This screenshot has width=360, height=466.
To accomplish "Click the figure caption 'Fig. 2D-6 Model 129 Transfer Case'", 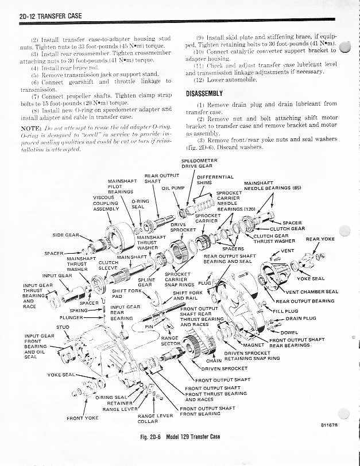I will click(181, 437).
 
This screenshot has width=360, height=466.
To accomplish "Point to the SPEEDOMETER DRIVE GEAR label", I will click(199, 164).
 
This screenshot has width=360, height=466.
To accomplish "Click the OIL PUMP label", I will click(173, 188).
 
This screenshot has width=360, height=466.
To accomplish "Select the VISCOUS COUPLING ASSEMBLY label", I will click(105, 203).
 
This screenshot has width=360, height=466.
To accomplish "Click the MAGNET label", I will click(253, 345).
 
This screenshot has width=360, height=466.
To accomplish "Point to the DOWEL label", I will click(290, 332).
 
